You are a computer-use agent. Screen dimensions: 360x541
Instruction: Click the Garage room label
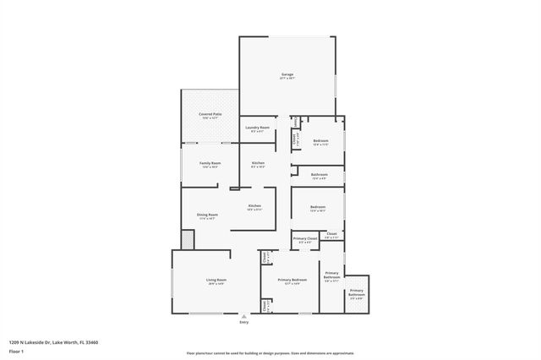(x=287, y=75)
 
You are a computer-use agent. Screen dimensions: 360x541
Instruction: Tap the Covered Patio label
(x=210, y=113)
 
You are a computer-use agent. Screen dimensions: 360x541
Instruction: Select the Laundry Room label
(x=257, y=128)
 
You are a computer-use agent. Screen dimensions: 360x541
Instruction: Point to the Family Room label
(x=210, y=162)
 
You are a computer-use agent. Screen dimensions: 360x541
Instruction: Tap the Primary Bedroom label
(x=292, y=280)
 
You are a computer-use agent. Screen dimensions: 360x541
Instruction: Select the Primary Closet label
(x=305, y=239)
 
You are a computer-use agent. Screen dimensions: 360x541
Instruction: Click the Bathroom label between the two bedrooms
(x=319, y=174)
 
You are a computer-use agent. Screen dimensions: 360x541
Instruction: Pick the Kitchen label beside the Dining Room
(x=254, y=206)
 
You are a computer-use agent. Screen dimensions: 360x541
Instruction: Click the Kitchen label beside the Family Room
(x=258, y=162)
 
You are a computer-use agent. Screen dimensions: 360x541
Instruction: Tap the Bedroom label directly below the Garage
(x=320, y=140)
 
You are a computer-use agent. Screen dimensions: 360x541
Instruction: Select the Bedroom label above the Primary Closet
(x=318, y=207)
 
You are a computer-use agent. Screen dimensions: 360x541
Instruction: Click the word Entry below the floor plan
(x=245, y=322)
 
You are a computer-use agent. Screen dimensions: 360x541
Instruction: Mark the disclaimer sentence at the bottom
(x=270, y=353)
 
